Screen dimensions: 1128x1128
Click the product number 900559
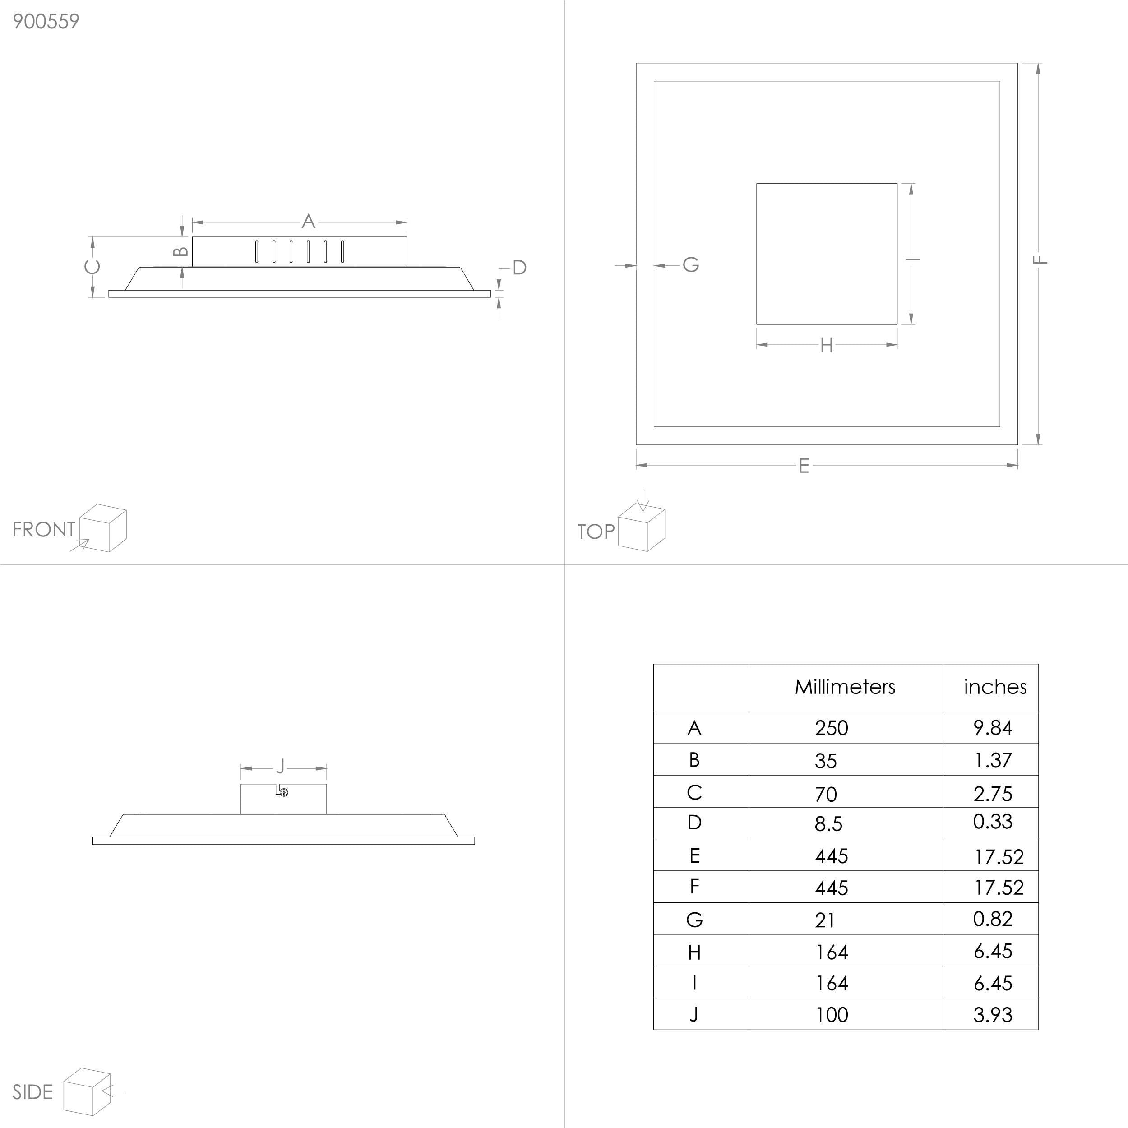click(46, 22)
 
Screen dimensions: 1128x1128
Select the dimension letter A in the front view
click(308, 221)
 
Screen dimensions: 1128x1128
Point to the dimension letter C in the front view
click(92, 267)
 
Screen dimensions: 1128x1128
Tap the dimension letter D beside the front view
click(520, 268)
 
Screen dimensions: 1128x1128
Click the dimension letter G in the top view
click(691, 264)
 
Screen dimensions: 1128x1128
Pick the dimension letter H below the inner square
click(826, 346)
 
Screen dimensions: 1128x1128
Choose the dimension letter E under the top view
click(804, 465)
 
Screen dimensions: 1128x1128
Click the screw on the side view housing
click(284, 792)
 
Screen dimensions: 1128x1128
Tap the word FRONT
click(44, 530)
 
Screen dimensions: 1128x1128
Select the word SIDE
click(32, 1092)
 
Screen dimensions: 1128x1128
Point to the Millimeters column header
click(845, 687)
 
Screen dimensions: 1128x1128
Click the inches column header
click(995, 687)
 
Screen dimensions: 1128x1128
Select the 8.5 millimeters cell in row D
click(828, 823)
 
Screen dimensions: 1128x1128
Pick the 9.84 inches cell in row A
click(993, 727)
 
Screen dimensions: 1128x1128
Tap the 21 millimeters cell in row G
click(825, 920)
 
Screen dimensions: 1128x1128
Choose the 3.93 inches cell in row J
click(993, 1015)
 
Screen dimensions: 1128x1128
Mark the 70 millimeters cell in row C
click(826, 794)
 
